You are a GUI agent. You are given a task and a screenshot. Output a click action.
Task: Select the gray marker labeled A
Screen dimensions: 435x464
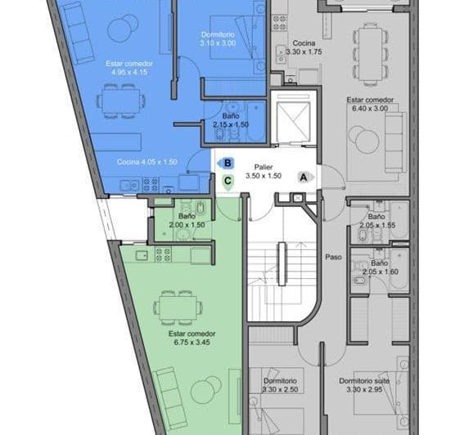point(304,176)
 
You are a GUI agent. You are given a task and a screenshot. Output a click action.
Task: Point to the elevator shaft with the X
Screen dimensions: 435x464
point(293,119)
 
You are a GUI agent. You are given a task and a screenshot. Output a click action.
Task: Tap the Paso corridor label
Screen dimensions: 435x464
point(332,255)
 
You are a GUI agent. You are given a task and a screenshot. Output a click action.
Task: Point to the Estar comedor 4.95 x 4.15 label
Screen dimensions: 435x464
point(124,67)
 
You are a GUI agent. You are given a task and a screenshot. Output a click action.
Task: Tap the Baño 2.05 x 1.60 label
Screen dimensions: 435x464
point(377,267)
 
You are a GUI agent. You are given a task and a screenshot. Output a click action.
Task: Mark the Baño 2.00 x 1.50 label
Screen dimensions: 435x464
point(186,220)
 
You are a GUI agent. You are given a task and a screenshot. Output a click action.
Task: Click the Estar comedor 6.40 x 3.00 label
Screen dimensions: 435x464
point(370,105)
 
